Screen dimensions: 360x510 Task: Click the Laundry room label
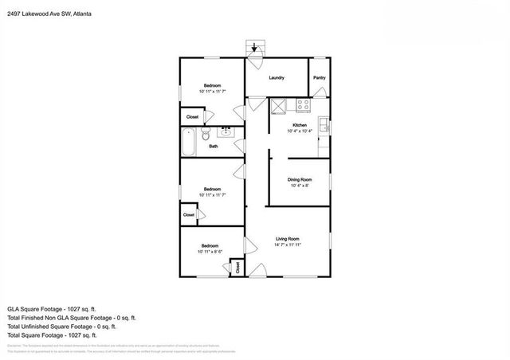tap(277, 77)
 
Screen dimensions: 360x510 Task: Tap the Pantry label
tap(319, 77)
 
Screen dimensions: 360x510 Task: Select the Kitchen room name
tap(300, 125)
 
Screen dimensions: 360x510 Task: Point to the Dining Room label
tap(300, 180)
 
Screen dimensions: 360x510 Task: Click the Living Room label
tap(288, 238)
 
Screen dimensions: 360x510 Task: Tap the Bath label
tap(214, 147)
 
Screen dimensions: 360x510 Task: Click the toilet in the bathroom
tap(206, 135)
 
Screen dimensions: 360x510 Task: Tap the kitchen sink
tap(324, 124)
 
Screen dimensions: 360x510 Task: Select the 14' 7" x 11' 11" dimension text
tap(288, 245)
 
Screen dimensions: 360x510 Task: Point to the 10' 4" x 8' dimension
tap(300, 186)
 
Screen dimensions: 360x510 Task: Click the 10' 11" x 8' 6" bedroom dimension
tap(210, 252)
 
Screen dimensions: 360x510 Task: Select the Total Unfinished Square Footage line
tap(61, 326)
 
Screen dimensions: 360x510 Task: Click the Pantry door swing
tap(320, 93)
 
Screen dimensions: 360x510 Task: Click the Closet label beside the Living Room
tap(238, 268)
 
